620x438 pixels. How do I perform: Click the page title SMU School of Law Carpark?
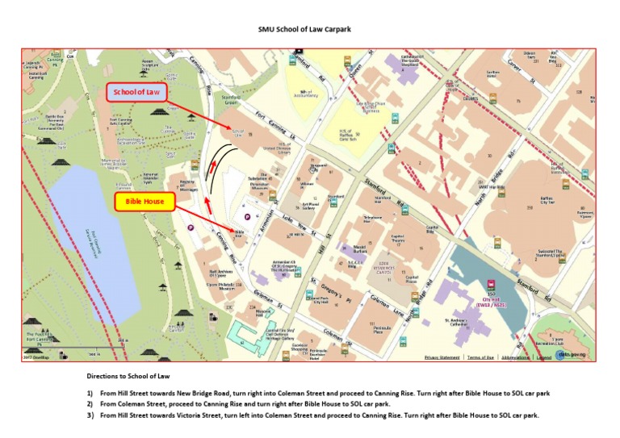click(309, 30)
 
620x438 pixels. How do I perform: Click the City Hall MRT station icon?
click(491, 283)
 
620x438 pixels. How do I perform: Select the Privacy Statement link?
click(442, 357)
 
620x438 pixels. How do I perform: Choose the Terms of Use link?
click(480, 357)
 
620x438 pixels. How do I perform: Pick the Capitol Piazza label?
click(411, 279)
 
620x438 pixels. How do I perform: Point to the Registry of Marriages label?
click(187, 186)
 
